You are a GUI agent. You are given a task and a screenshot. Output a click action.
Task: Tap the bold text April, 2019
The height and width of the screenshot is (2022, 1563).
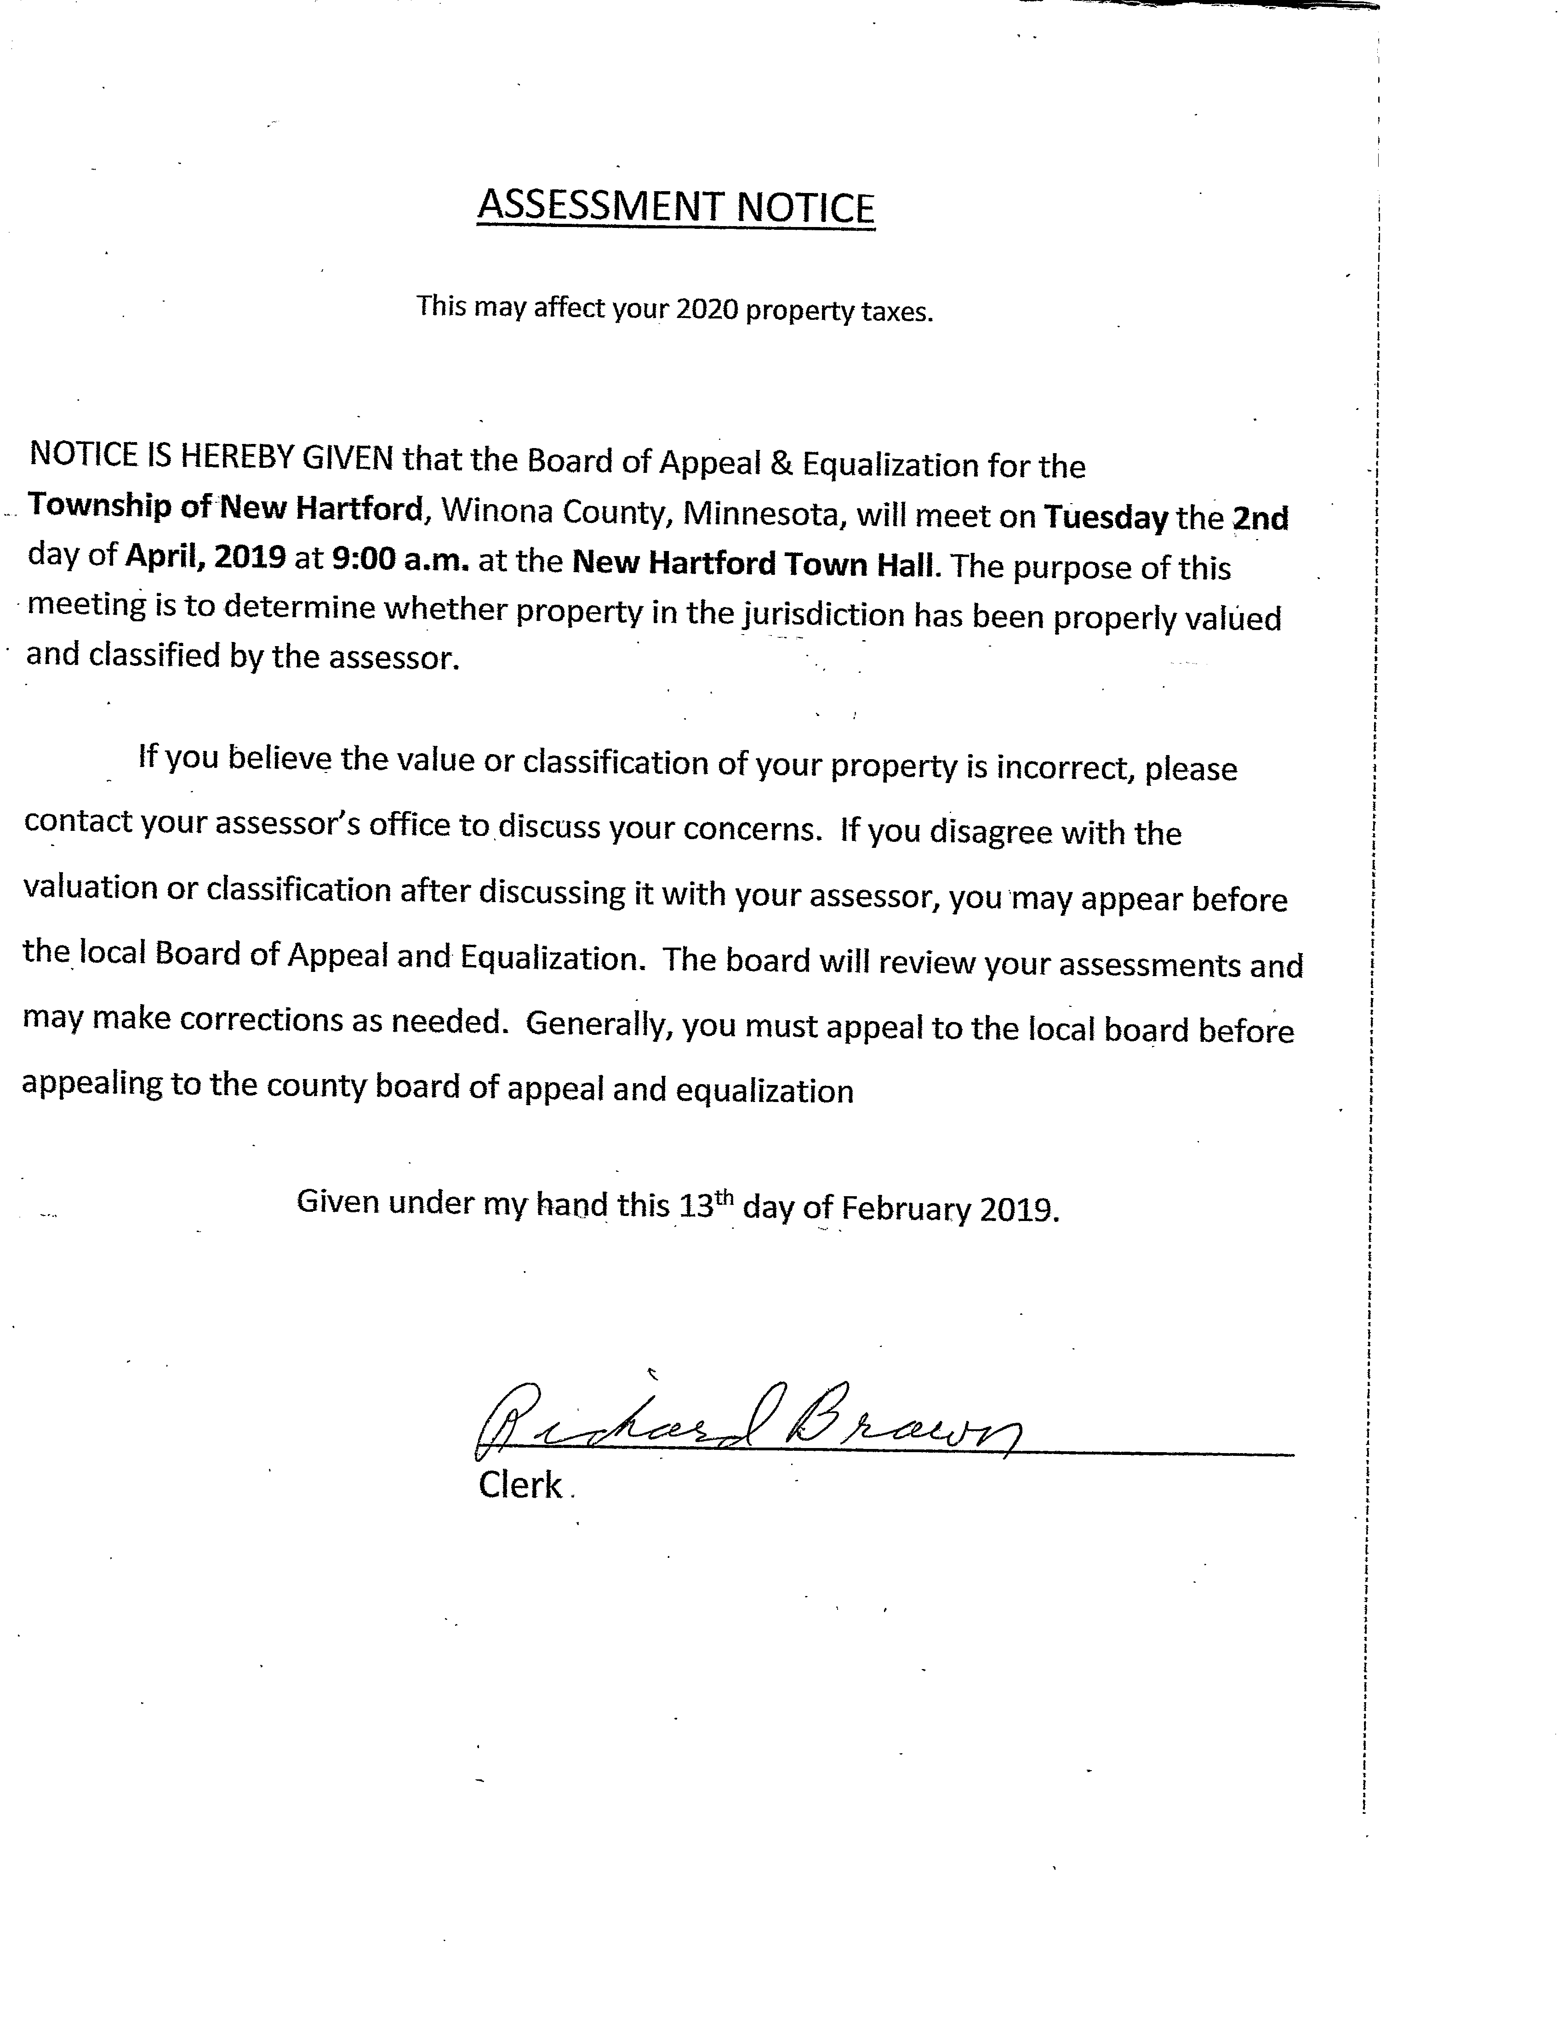point(205,557)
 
